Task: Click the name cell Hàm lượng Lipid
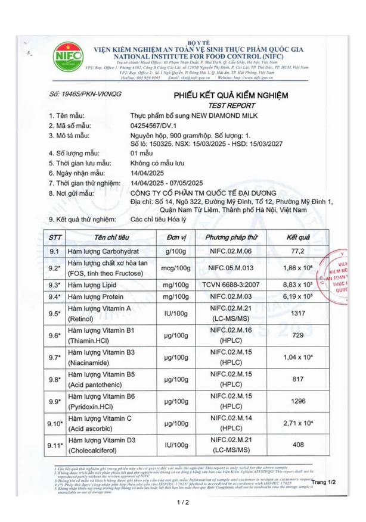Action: point(95,285)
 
